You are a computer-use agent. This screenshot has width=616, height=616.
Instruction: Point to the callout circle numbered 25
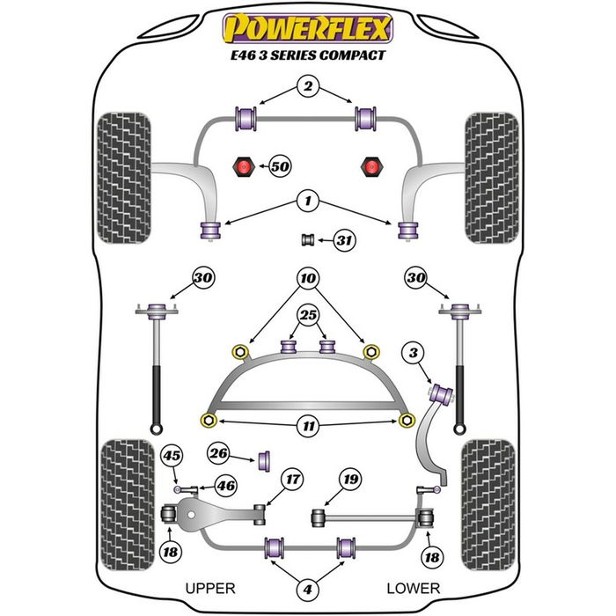(x=306, y=314)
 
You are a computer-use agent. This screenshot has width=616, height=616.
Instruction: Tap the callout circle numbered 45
(x=172, y=455)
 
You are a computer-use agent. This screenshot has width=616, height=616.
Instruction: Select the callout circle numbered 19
(x=351, y=480)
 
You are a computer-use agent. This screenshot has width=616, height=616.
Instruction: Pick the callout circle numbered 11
(x=306, y=426)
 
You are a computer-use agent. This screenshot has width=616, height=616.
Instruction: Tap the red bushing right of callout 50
(x=370, y=165)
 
